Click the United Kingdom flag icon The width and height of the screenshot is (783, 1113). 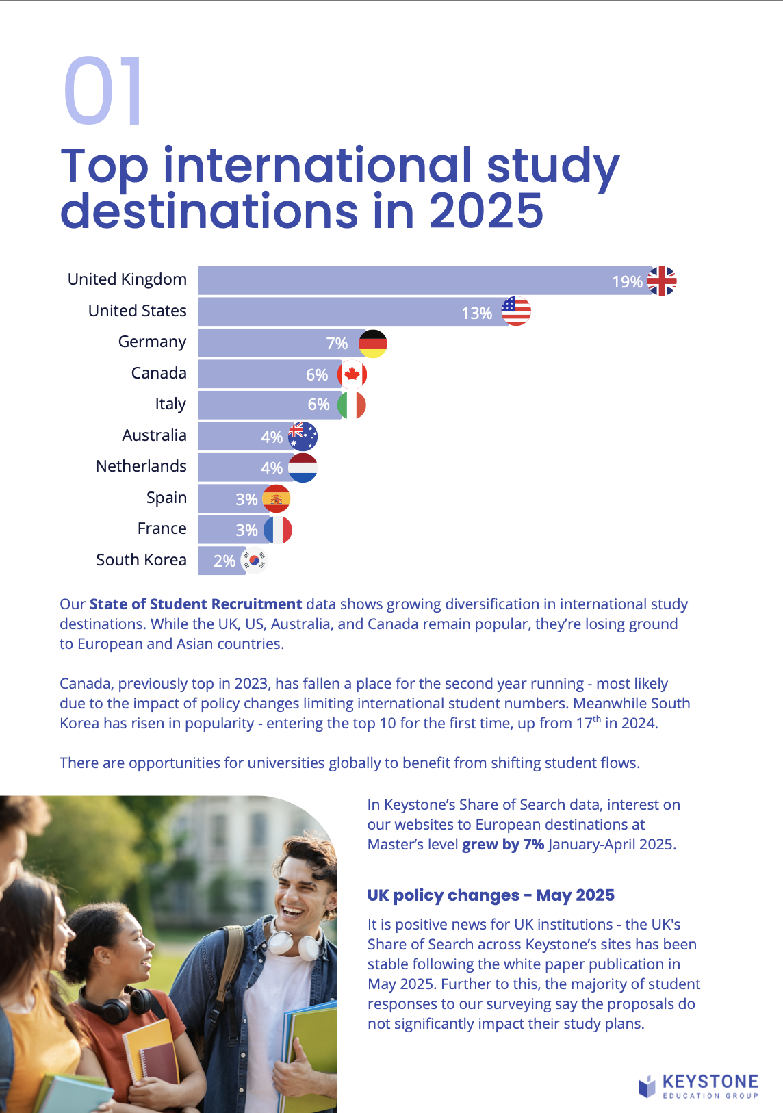[x=662, y=281]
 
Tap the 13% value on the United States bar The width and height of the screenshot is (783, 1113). [x=476, y=313]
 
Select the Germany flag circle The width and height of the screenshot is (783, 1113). [x=373, y=344]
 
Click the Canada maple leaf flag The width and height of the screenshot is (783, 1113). [x=352, y=374]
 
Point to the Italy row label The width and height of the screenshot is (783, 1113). [x=170, y=404]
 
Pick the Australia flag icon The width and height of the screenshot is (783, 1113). [x=303, y=436]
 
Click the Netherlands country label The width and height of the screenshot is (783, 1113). [x=141, y=466]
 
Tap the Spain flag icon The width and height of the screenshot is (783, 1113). [x=277, y=499]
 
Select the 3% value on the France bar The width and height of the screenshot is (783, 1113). [x=246, y=530]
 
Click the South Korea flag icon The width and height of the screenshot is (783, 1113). [x=255, y=561]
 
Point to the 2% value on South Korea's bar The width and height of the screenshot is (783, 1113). [x=224, y=561]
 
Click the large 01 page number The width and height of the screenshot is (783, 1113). [x=103, y=92]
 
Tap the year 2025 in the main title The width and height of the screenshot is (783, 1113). [x=486, y=211]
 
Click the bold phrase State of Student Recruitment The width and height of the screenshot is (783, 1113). [x=196, y=604]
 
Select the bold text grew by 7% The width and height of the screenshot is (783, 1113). [x=503, y=844]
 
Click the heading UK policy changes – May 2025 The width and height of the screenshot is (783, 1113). [x=491, y=895]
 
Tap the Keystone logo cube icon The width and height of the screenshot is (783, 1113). [x=647, y=1086]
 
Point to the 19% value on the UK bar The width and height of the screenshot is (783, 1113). [x=627, y=282]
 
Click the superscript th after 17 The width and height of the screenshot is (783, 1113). [x=597, y=719]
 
